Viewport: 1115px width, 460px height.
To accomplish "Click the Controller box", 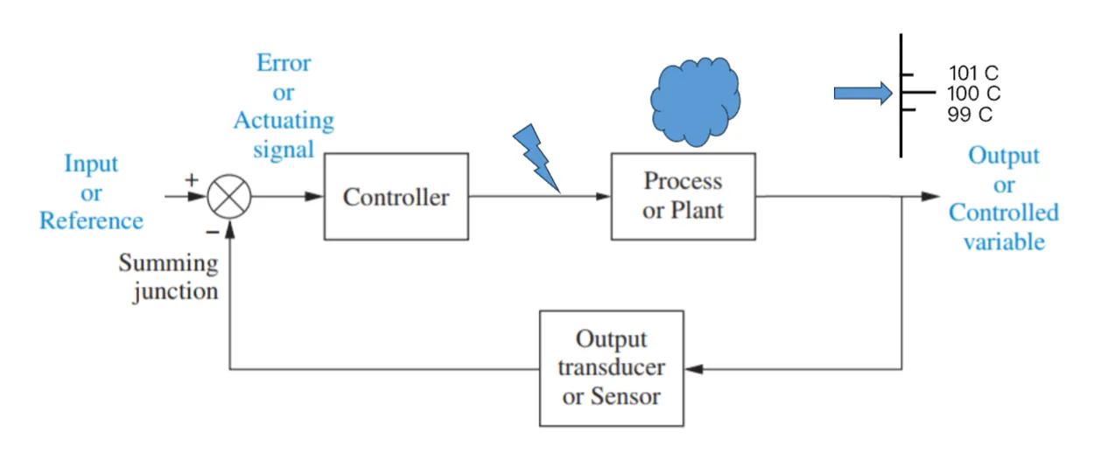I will click(x=396, y=197).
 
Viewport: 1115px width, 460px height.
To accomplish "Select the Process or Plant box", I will click(x=683, y=196).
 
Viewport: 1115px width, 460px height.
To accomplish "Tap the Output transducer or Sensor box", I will click(x=611, y=368).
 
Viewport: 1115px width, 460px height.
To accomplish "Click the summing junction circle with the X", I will click(x=229, y=197).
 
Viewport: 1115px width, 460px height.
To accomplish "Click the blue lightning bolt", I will click(x=536, y=157).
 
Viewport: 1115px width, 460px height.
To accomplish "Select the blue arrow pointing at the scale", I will click(x=862, y=94).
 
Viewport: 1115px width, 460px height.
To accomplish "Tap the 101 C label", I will click(x=973, y=73).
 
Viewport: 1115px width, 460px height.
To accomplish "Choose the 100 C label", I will click(x=973, y=94).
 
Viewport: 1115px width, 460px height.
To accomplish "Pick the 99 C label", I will click(x=970, y=115).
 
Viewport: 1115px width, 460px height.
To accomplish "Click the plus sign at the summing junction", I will click(x=193, y=179).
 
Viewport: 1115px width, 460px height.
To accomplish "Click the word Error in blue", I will click(x=284, y=64).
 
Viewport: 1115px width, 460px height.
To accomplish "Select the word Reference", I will click(x=91, y=220).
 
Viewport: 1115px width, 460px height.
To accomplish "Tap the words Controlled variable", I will click(x=1004, y=227).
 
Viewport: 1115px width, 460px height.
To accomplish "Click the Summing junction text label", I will click(x=170, y=277).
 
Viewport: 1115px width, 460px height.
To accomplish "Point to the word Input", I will click(x=91, y=164).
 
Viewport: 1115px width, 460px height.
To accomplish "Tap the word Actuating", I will click(x=284, y=121).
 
